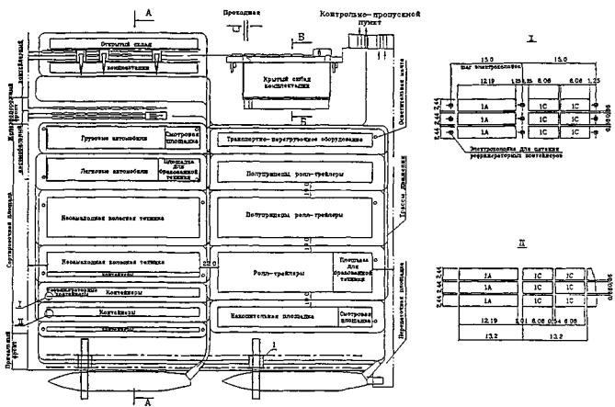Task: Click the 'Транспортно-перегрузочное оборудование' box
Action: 292,139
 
